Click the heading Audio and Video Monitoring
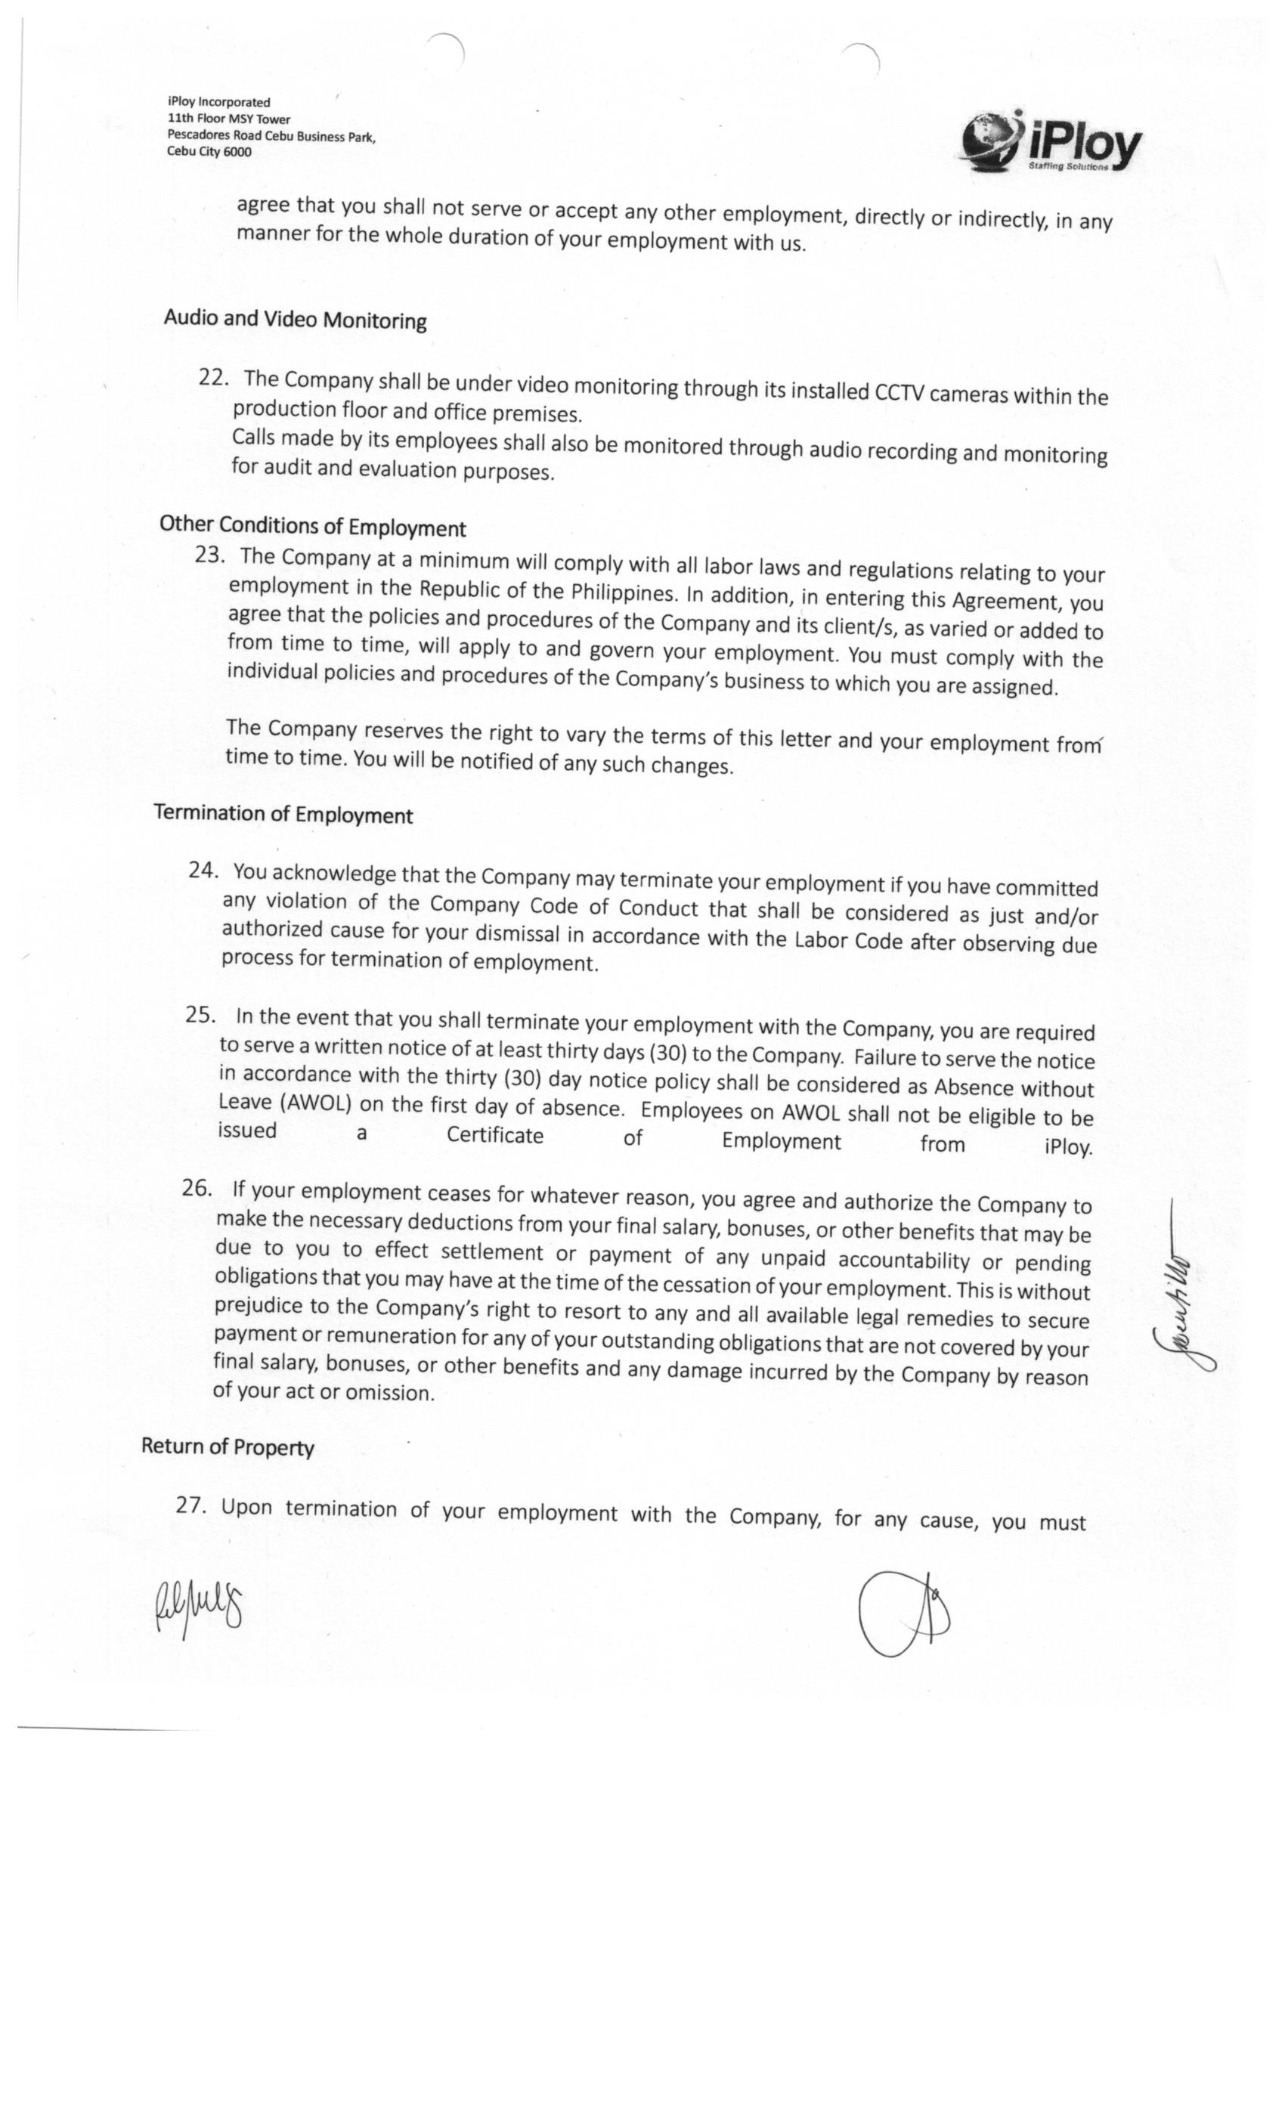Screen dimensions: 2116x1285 (295, 320)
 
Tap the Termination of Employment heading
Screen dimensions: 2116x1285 (283, 814)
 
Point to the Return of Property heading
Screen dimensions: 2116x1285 (228, 1447)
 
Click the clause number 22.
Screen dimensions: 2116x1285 (213, 377)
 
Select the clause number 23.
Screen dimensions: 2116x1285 (209, 555)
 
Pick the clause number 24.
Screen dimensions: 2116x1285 (203, 870)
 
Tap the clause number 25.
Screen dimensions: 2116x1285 (200, 1014)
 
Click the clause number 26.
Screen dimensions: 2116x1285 (197, 1188)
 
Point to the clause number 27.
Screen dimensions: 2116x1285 (190, 1505)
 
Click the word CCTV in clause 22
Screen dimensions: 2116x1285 (899, 392)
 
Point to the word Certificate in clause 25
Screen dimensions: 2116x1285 (495, 1135)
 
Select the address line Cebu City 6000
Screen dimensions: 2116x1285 (209, 152)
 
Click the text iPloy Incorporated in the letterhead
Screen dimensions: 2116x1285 (219, 102)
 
